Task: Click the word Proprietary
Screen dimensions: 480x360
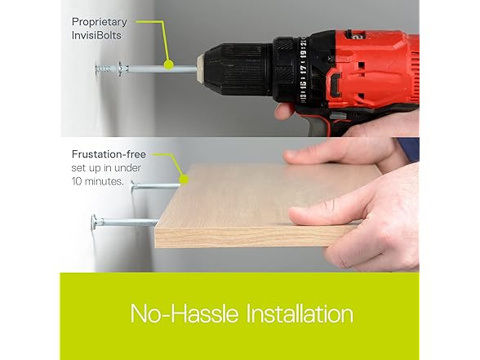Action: coord(100,22)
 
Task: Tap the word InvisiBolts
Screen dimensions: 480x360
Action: coord(96,35)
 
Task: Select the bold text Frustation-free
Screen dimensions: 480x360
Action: coord(109,154)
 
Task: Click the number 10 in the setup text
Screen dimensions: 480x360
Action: coord(77,181)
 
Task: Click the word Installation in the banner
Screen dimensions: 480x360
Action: coord(300,313)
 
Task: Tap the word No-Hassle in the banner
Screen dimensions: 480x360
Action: coord(184,313)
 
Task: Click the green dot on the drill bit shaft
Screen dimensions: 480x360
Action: coord(169,64)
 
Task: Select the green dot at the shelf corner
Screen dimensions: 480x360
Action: coord(184,180)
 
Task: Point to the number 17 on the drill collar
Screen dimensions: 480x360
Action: coord(303,69)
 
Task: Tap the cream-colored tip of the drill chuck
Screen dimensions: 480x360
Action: coord(200,69)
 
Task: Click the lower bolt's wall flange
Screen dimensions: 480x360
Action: coord(95,222)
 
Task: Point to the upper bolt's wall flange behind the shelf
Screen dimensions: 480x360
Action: coord(133,186)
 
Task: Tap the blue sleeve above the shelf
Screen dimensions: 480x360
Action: coord(408,149)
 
